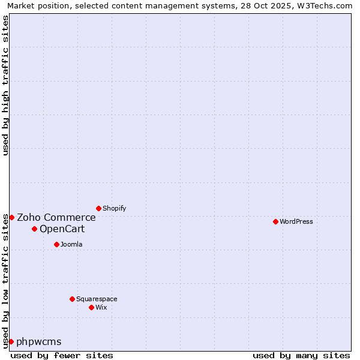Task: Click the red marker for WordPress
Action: coord(275,221)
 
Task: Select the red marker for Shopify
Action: coord(98,208)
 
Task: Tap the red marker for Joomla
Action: coord(56,244)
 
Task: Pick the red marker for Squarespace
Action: coord(72,299)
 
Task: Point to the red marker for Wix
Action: coord(91,307)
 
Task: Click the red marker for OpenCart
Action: coord(34,229)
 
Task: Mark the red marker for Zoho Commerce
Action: coord(11,217)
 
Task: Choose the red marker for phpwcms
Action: coord(11,341)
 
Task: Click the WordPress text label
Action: coord(296,221)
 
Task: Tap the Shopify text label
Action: coord(115,208)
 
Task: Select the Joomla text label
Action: coord(71,244)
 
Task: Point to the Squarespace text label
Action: coord(97,299)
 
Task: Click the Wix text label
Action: coord(101,307)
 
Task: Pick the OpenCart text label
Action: coord(62,229)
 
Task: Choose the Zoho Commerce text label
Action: coord(56,217)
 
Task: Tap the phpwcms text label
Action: coord(39,342)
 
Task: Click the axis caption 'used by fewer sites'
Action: coord(62,355)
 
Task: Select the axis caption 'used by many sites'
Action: coord(301,355)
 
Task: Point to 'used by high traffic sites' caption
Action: coord(5,85)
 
